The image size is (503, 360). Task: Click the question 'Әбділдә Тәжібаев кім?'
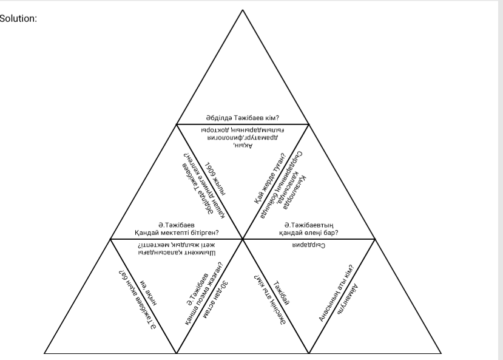(243, 118)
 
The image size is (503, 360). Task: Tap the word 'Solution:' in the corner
(19, 18)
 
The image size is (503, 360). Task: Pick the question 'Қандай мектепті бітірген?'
(177, 232)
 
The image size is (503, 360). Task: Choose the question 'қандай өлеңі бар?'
(308, 232)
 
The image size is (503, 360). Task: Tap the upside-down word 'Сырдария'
(306, 245)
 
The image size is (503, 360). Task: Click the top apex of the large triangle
(243, 10)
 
